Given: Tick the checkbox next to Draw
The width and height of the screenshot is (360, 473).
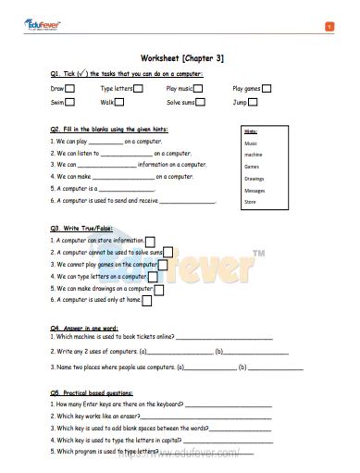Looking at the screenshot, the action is pyautogui.click(x=68, y=88).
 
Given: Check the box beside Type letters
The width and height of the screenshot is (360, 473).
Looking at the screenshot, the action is pyautogui.click(x=139, y=88).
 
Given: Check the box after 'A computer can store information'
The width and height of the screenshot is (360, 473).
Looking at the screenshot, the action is pyautogui.click(x=150, y=241).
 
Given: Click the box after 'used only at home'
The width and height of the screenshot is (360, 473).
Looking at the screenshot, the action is pyautogui.click(x=147, y=300).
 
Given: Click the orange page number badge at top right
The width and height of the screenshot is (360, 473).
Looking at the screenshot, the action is pyautogui.click(x=329, y=26).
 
